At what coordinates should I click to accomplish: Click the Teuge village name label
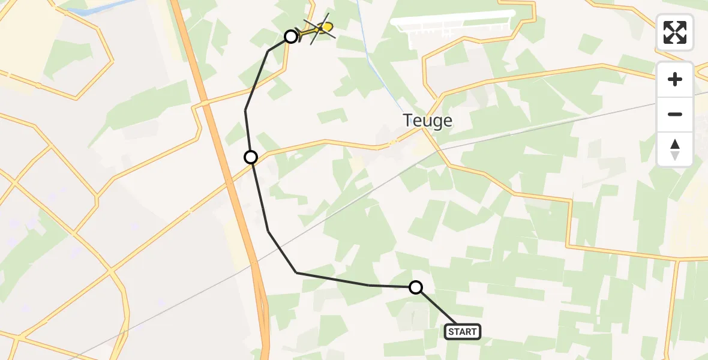click(428, 121)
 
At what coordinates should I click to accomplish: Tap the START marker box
click(463, 331)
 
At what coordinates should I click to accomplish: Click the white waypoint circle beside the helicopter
click(291, 37)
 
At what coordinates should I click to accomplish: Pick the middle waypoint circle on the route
click(251, 157)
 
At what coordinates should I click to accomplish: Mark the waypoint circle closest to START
click(416, 287)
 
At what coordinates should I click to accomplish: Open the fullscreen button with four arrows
click(675, 32)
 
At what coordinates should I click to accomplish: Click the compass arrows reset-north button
click(675, 149)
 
